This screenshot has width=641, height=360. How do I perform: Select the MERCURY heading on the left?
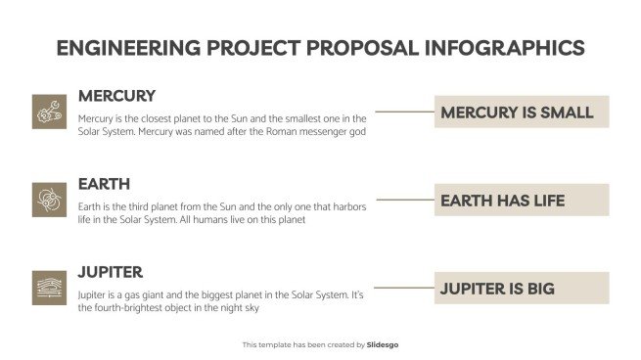[x=116, y=96]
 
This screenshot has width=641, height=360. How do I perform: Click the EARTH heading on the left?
[x=104, y=184]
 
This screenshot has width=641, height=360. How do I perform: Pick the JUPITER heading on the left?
[x=111, y=272]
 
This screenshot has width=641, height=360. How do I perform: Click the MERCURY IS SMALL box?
[x=521, y=112]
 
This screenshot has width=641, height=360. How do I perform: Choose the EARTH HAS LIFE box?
[x=521, y=200]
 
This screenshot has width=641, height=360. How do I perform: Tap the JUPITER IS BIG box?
[x=521, y=288]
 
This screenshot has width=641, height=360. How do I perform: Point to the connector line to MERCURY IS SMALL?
[x=404, y=112]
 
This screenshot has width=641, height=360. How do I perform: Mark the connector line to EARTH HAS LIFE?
[x=404, y=200]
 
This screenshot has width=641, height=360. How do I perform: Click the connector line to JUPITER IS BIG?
[x=404, y=288]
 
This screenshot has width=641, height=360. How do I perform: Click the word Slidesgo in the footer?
[x=383, y=344]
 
